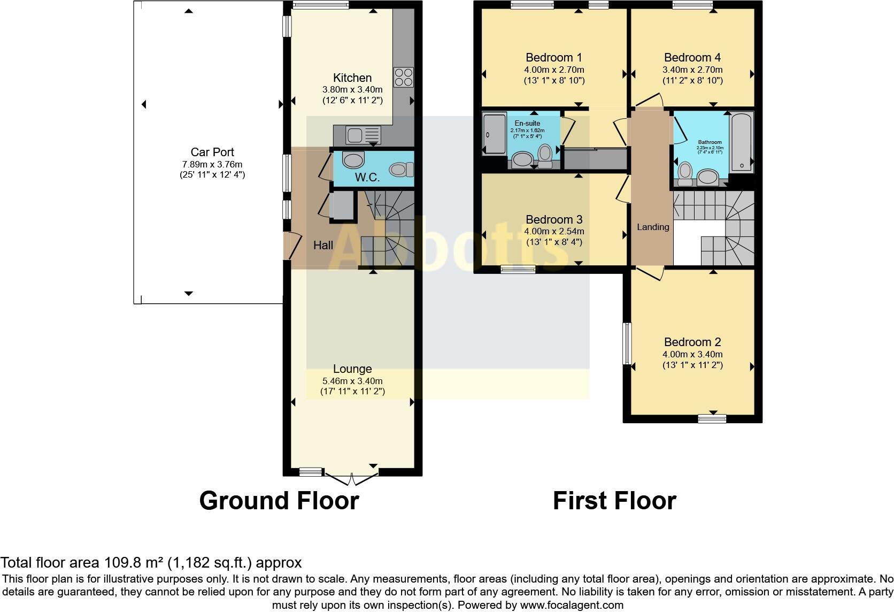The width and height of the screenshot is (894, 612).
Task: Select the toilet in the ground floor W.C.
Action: tap(402, 170)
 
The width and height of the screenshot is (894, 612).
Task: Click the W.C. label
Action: tap(367, 178)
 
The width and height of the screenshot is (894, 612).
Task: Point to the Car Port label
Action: tap(212, 152)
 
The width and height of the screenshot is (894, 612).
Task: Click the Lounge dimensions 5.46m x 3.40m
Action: tap(352, 381)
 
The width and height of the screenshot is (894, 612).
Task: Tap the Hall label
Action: tap(323, 246)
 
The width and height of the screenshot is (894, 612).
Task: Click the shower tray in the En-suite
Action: tap(494, 134)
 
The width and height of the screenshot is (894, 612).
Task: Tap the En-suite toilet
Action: tap(545, 154)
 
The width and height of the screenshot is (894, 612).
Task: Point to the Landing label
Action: tap(653, 227)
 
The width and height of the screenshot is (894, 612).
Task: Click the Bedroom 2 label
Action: tap(692, 342)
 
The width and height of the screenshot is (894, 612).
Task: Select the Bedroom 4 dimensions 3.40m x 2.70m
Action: tap(692, 70)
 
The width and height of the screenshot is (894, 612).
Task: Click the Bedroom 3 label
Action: tap(554, 219)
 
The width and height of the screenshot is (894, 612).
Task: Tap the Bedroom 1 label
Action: tap(554, 57)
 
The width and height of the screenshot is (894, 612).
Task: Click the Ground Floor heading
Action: tap(279, 501)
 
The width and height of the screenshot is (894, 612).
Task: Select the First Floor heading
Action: tap(614, 501)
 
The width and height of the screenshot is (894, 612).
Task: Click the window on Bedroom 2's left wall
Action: tap(627, 343)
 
